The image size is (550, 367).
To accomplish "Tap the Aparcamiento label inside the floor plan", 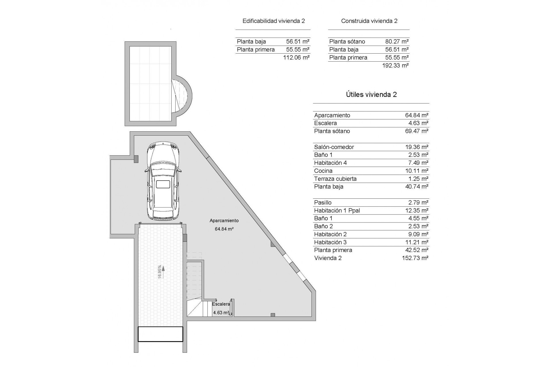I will tap(224, 220).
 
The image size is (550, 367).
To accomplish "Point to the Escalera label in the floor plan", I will tap(221, 304).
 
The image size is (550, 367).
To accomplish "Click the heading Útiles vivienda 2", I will tap(371, 95).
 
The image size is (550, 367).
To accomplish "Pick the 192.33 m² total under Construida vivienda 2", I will tap(395, 65).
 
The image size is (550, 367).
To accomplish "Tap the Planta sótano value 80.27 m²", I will tap(397, 42).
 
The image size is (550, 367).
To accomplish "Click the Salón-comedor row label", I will tap(334, 147).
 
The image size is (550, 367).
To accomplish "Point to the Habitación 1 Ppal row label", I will tap(337, 210).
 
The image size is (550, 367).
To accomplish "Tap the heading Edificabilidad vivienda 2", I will tap(274, 21).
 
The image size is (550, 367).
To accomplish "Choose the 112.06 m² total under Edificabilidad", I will tap(296, 57).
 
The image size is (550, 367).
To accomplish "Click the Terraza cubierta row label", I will tap(335, 179).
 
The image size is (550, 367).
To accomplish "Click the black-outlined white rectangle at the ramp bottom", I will tap(160, 334).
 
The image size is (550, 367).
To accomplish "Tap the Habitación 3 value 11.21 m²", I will tap(417, 242).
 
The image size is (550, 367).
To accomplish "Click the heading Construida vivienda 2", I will tap(369, 21).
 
